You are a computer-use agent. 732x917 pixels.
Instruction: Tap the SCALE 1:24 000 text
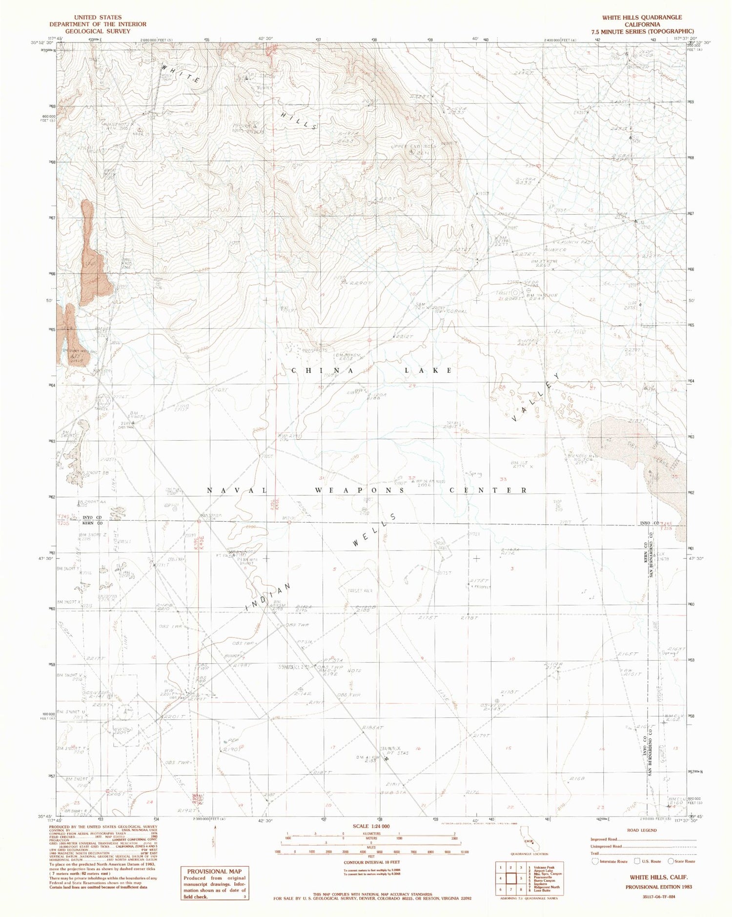click(371, 826)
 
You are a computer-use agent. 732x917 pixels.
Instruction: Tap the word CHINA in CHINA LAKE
click(308, 370)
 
